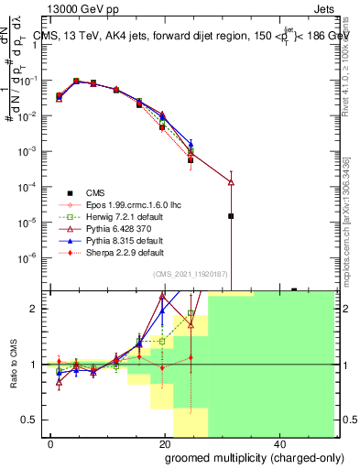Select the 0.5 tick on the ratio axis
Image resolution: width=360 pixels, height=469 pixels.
(35, 420)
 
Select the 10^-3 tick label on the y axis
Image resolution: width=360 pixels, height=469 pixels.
(31, 151)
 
